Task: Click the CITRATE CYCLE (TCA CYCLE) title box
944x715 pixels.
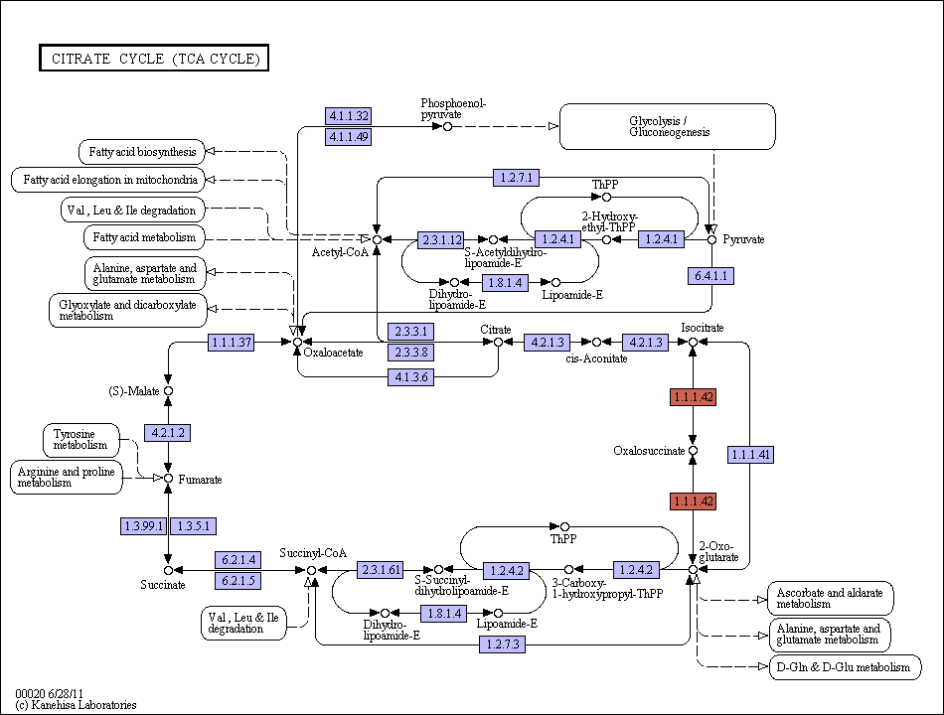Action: [154, 58]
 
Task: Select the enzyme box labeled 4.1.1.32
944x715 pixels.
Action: [349, 115]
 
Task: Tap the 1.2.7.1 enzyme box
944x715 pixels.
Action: [516, 178]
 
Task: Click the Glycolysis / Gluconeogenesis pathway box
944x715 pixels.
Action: [668, 126]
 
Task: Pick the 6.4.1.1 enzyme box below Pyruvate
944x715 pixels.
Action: [711, 276]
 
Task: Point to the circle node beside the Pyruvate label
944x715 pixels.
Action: [711, 239]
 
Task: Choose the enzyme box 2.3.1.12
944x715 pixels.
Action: [441, 239]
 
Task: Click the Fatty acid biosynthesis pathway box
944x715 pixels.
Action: [142, 152]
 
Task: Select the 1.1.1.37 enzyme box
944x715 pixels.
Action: [232, 343]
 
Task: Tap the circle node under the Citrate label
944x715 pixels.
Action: [498, 342]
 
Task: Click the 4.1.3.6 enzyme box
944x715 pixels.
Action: [411, 377]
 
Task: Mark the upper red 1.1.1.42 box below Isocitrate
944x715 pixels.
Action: [693, 397]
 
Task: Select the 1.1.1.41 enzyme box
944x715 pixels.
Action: [750, 455]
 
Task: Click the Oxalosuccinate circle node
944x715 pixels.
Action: [693, 450]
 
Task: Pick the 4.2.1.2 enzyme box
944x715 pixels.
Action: [167, 433]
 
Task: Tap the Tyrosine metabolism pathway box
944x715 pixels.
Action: [81, 440]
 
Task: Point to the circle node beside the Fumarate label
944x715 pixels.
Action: [169, 479]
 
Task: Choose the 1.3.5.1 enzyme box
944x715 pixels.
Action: [193, 526]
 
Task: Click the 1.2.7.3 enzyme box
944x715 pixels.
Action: [503, 644]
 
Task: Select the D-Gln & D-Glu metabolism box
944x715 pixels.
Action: [846, 667]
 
